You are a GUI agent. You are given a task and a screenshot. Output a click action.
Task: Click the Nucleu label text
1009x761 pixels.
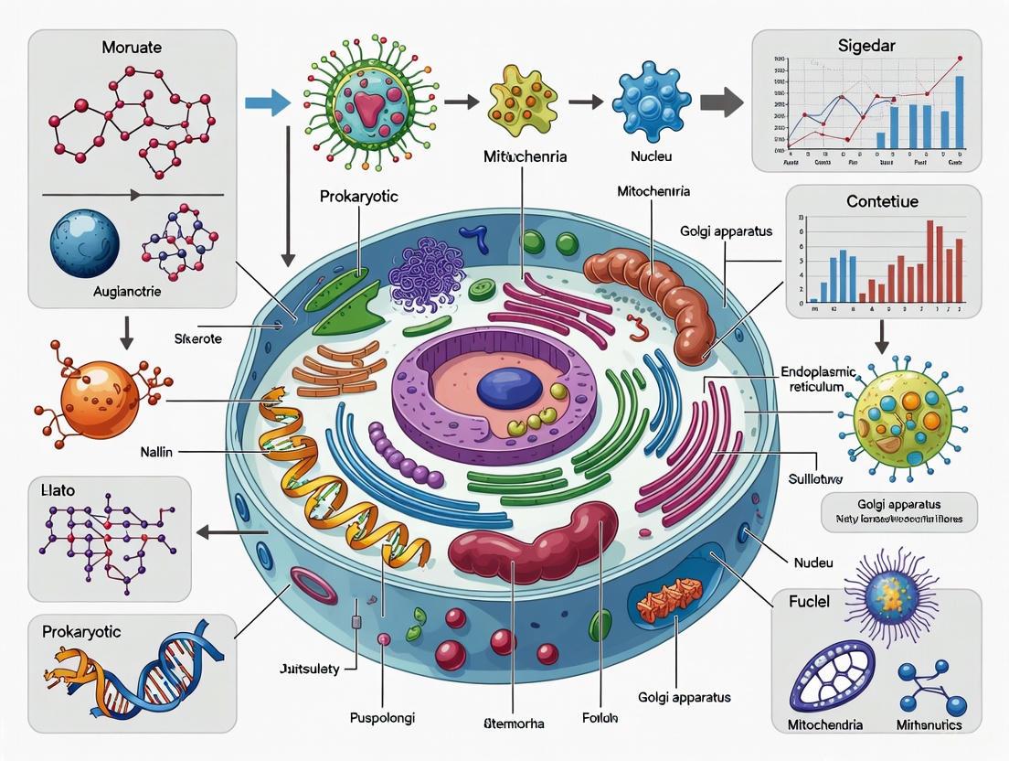[651, 156]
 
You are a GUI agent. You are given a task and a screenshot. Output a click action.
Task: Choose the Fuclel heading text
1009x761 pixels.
[810, 603]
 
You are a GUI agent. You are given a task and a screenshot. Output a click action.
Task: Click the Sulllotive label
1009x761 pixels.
[815, 478]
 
